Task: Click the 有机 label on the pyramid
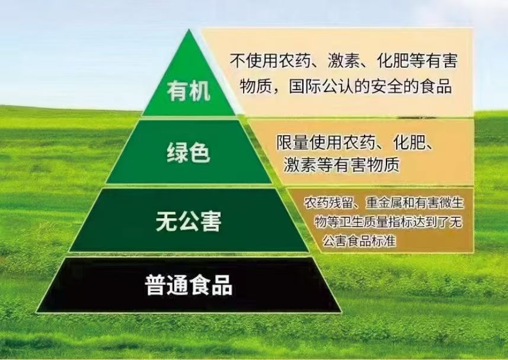pos(188,91)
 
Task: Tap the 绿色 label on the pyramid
pos(188,152)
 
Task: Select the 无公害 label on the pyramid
pos(188,221)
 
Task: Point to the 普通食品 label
pos(188,285)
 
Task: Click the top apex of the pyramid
pos(189,30)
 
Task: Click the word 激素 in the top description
pos(343,60)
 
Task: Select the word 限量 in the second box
pos(292,142)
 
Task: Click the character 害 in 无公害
pos(211,221)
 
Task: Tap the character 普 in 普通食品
pos(155,285)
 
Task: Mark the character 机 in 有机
pos(200,91)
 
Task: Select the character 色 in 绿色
pos(200,152)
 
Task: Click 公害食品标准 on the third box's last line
pos(359,241)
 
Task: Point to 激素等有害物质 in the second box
pos(341,165)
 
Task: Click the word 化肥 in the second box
pos(409,142)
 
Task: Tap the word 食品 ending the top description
pos(436,87)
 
